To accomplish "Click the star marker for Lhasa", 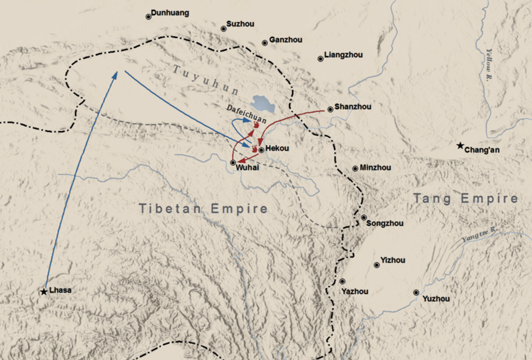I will pyautogui.click(x=44, y=291).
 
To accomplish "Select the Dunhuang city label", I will pyautogui.click(x=170, y=13).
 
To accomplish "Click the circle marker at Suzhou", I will pyautogui.click(x=223, y=29).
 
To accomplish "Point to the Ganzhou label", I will pyautogui.click(x=286, y=40).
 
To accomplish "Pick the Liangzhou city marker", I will pyautogui.click(x=320, y=59).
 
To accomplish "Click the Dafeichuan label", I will pyautogui.click(x=247, y=114).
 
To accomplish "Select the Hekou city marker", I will pyautogui.click(x=261, y=150).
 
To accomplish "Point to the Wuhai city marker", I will pyautogui.click(x=233, y=162).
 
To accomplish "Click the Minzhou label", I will pyautogui.click(x=375, y=168).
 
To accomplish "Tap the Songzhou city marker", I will pyautogui.click(x=364, y=218).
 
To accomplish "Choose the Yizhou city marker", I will pyautogui.click(x=377, y=265).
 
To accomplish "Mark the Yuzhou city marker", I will pyautogui.click(x=416, y=292).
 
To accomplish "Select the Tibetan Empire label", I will pyautogui.click(x=203, y=209).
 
